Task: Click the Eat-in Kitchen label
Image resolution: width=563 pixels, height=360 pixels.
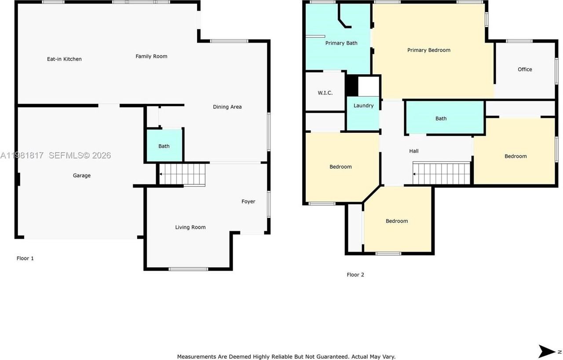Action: click(64, 59)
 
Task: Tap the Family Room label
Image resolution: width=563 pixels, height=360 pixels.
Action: click(151, 56)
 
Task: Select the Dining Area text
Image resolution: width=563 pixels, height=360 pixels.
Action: click(227, 107)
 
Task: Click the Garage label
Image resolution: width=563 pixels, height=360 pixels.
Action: click(82, 175)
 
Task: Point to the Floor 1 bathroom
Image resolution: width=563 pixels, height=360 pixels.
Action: click(164, 146)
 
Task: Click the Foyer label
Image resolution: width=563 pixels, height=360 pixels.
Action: click(248, 201)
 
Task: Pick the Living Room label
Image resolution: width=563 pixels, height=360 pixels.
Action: click(190, 227)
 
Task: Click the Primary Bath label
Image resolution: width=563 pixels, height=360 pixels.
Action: click(341, 43)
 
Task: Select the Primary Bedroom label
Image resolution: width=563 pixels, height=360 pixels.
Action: click(428, 50)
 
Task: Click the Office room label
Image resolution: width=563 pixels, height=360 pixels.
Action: click(525, 69)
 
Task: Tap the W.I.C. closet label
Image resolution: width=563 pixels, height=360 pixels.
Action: click(325, 93)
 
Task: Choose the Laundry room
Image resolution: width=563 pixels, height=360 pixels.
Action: click(363, 105)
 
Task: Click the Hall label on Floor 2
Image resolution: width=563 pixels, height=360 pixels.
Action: click(413, 151)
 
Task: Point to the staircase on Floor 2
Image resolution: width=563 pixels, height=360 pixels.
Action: click(442, 173)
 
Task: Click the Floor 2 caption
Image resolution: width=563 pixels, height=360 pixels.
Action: click(355, 275)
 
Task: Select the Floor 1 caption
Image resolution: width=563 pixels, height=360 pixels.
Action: click(25, 258)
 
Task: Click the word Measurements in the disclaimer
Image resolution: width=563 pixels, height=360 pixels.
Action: click(196, 356)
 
